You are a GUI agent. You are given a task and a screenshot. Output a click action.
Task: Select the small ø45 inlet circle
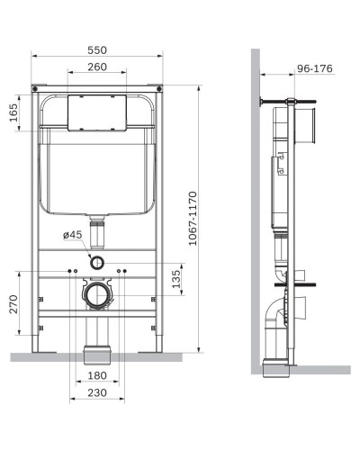pos(96,264)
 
